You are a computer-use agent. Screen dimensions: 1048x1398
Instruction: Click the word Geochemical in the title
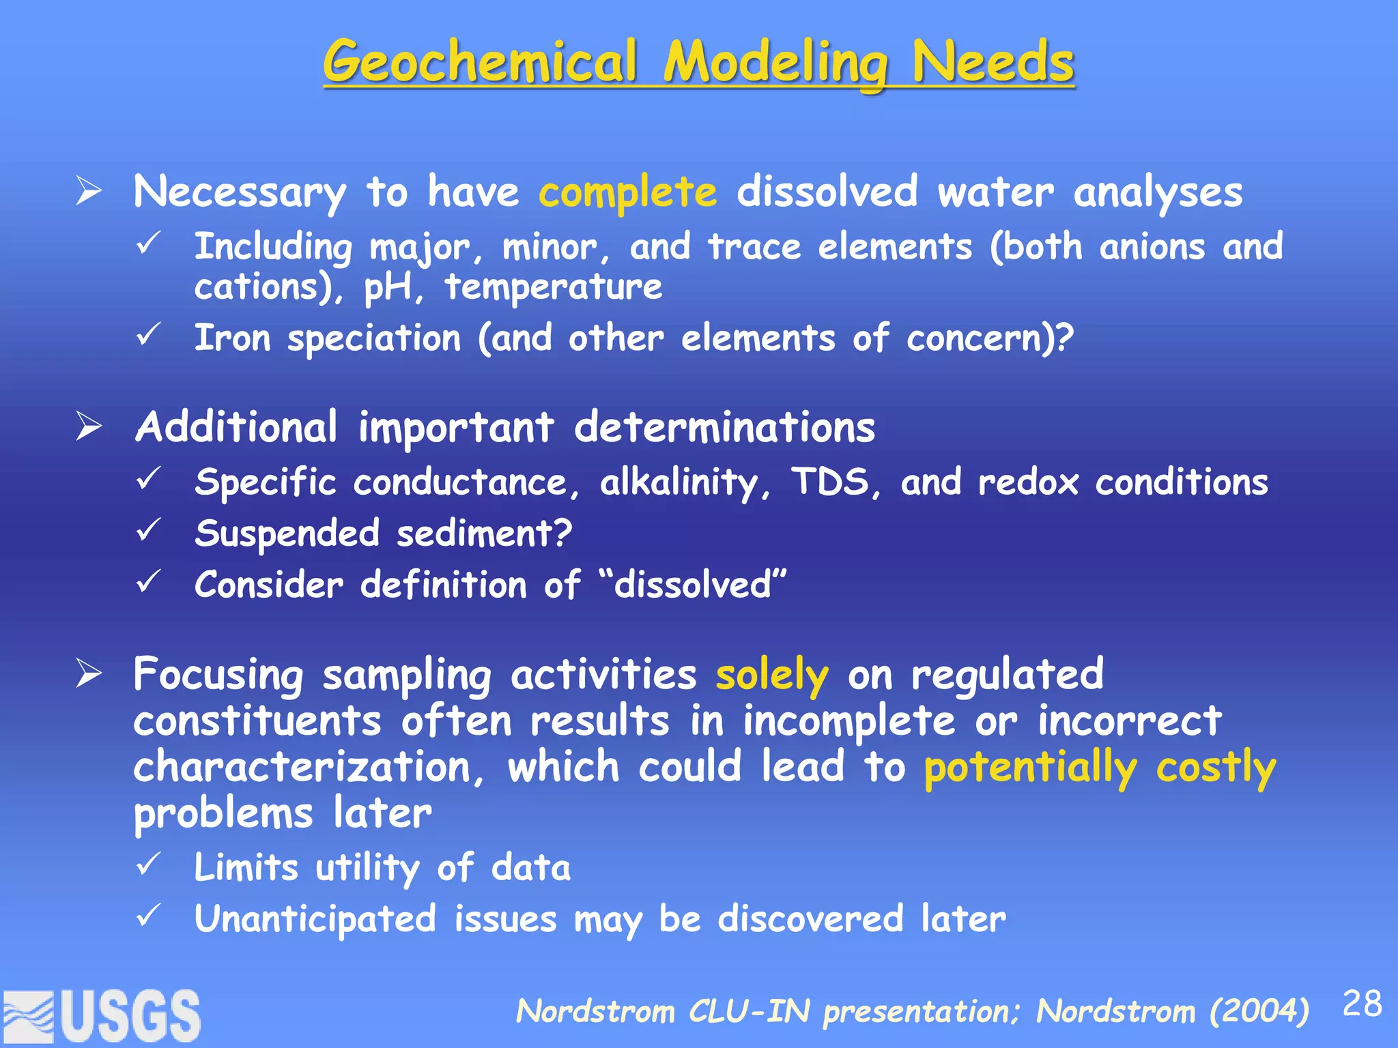pyautogui.click(x=481, y=63)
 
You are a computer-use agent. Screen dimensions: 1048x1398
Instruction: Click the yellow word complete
pyautogui.click(x=627, y=193)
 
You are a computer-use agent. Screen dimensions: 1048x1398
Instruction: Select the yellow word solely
pyautogui.click(x=772, y=675)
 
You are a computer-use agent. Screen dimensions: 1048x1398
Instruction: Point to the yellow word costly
pyautogui.click(x=1216, y=768)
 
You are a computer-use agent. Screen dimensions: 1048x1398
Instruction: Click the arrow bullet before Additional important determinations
pyautogui.click(x=89, y=427)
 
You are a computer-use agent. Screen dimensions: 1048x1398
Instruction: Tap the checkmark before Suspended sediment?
pyautogui.click(x=148, y=530)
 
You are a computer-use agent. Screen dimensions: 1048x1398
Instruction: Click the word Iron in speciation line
pyautogui.click(x=233, y=338)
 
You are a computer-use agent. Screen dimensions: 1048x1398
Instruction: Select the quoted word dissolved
pyautogui.click(x=692, y=585)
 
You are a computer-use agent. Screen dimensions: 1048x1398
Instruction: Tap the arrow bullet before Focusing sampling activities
pyautogui.click(x=89, y=674)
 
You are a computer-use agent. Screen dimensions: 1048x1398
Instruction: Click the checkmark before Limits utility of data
pyautogui.click(x=148, y=864)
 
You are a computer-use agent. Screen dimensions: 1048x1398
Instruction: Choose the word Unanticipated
pyautogui.click(x=315, y=919)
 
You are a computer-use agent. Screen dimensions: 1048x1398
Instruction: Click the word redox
pyautogui.click(x=1028, y=482)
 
